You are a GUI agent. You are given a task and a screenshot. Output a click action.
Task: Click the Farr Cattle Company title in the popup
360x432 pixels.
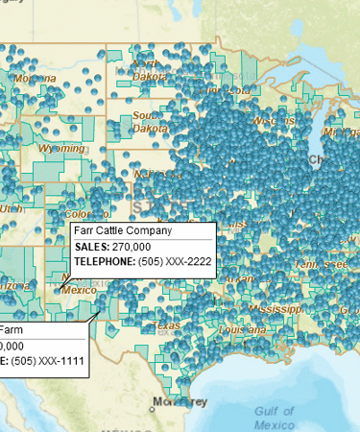123,231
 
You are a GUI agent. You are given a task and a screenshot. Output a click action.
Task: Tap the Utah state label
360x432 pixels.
11,206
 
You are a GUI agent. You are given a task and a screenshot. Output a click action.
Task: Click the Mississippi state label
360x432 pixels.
274,309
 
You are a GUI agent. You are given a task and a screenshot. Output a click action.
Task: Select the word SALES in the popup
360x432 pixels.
91,247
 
